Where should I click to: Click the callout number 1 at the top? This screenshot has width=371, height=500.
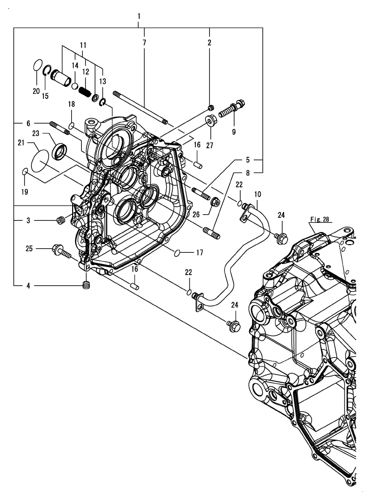tap(139, 17)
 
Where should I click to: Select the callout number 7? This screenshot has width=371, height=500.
tap(144, 43)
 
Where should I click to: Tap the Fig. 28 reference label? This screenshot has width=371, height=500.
tap(318, 220)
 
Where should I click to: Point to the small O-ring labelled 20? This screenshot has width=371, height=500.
tap(36, 65)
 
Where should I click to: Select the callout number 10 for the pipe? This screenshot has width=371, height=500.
tap(258, 194)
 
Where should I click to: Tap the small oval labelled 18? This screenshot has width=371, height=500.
tap(72, 125)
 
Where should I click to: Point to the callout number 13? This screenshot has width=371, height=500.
tap(104, 81)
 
